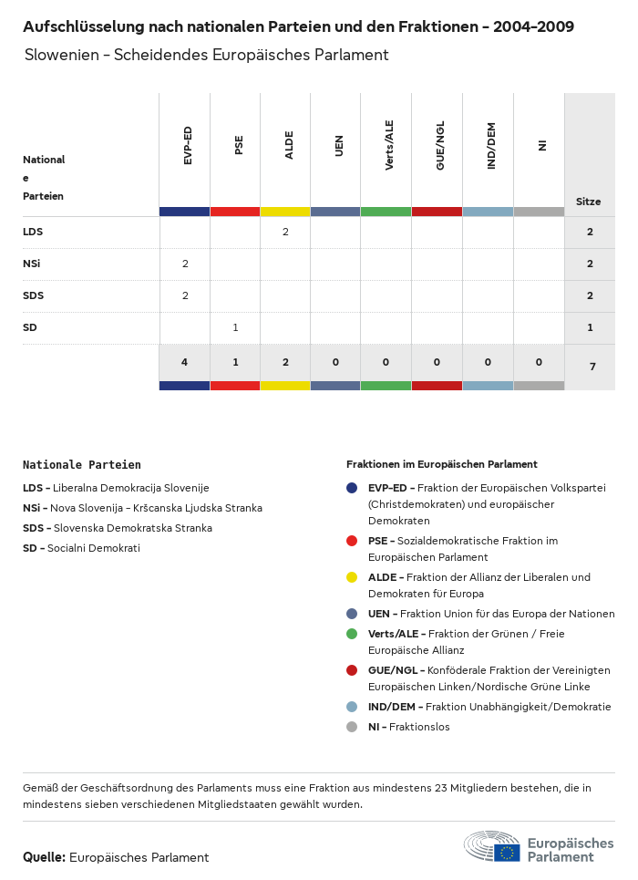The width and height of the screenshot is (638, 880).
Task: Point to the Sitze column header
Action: tap(589, 202)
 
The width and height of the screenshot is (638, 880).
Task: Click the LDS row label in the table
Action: tap(33, 232)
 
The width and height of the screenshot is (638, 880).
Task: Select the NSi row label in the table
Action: tap(32, 264)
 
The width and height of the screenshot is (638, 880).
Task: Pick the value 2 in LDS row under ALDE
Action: tap(285, 232)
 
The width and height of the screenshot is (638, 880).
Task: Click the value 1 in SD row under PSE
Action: tap(235, 327)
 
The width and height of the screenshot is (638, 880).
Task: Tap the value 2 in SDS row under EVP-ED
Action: tap(185, 295)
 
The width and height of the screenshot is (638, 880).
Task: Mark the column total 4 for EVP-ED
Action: tap(185, 362)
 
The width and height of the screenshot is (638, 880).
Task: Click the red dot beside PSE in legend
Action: tap(352, 541)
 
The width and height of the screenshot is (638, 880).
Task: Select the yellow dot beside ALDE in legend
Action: tap(352, 577)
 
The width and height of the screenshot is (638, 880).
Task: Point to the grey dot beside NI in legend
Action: tap(352, 727)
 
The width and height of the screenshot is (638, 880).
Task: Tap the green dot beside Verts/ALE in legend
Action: tap(352, 634)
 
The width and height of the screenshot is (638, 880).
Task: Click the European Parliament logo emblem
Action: tap(492, 847)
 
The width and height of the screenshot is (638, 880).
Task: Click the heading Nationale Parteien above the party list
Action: tap(82, 464)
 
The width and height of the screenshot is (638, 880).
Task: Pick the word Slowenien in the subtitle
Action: tap(62, 55)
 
